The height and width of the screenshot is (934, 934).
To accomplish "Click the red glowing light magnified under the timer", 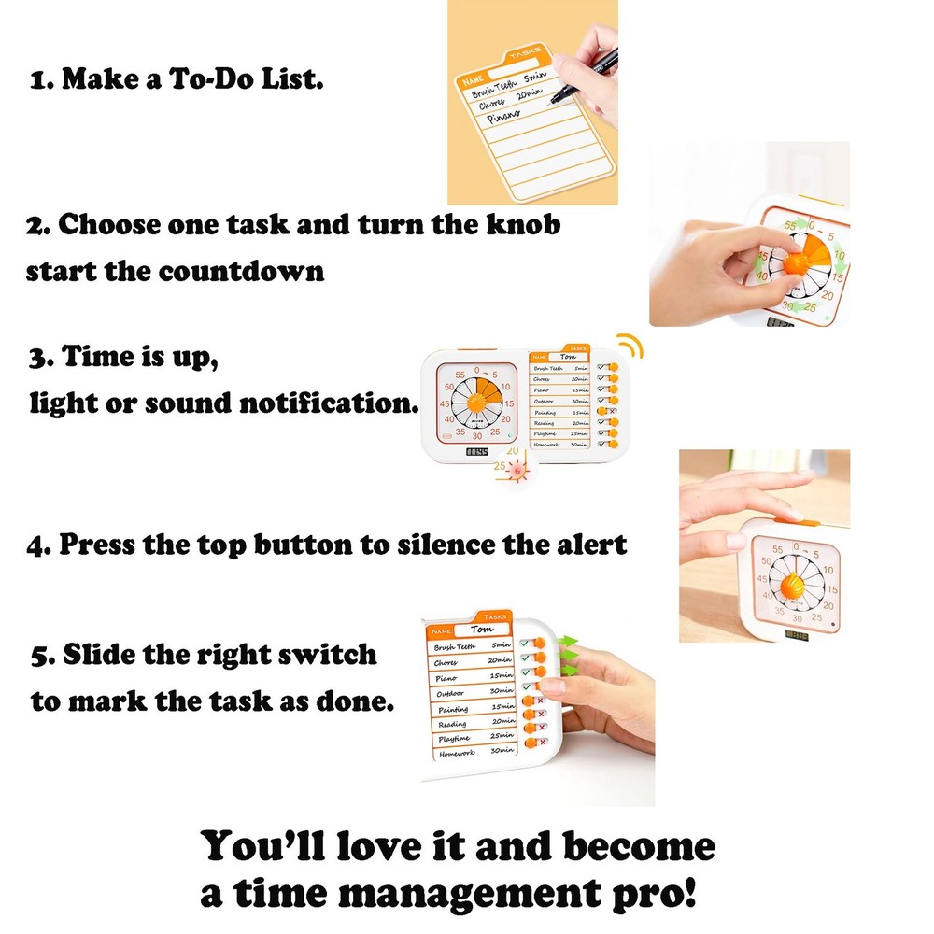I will pos(517,472).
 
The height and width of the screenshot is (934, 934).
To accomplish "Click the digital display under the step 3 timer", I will pos(477,453).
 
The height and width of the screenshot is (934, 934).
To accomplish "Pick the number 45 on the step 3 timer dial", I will pos(450,420).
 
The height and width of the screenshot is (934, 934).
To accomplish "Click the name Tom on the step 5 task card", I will pos(482,630).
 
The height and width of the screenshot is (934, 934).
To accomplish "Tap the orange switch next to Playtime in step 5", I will pos(530,741).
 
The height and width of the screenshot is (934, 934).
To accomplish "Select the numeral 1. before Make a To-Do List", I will pos(42,80).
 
